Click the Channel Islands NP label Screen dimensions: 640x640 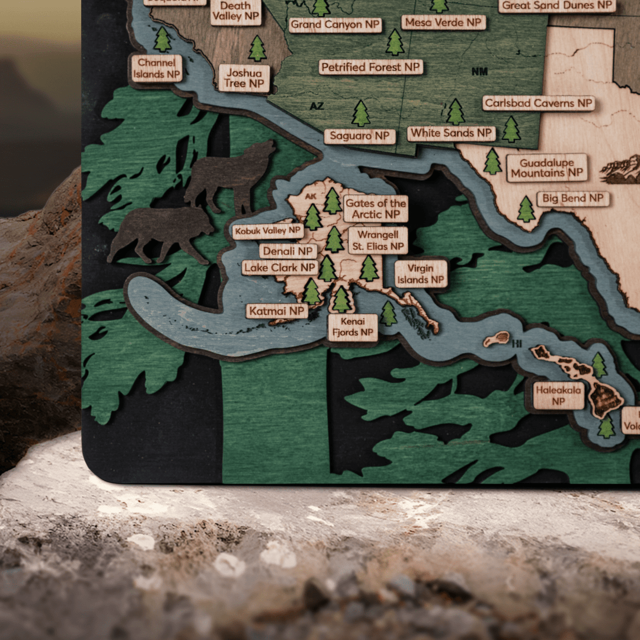point(156,68)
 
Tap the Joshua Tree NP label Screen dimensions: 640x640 point(244,78)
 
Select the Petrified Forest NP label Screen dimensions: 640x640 point(371,67)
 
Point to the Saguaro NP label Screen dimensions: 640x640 point(360,136)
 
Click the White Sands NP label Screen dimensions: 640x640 point(451,133)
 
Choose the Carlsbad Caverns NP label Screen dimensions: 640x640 point(538,103)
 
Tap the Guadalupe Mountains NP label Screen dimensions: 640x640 point(546,168)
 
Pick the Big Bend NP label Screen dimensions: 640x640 point(572,199)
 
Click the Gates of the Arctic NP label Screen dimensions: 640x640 point(376,209)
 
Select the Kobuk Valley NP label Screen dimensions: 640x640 point(268,231)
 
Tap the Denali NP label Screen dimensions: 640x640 point(288,251)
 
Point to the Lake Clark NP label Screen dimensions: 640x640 point(280,268)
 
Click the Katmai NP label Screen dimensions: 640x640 point(277,311)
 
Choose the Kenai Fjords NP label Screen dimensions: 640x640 point(353,327)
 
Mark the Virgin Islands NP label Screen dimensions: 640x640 point(421,274)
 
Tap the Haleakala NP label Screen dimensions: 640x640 point(559,396)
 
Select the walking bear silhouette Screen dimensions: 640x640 point(161,233)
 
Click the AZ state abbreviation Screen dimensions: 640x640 point(317,106)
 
